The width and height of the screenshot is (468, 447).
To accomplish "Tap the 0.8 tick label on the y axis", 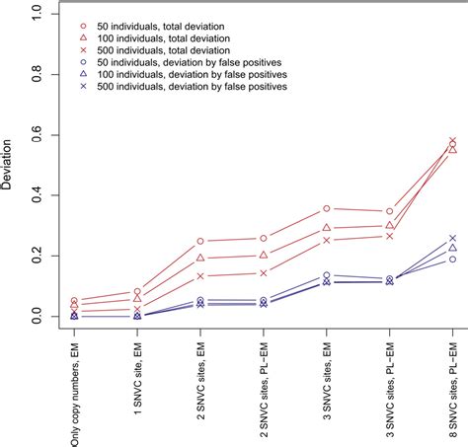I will coord(37,75).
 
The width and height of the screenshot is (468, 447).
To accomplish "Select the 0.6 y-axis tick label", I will coord(37,135).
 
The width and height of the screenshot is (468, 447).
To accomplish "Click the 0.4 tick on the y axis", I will coord(37,195).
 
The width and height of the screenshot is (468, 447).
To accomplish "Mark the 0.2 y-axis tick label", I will coord(37,256).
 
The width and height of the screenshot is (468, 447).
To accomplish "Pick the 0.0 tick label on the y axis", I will coord(37,316).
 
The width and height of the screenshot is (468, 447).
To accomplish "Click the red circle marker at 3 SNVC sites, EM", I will coord(327,209).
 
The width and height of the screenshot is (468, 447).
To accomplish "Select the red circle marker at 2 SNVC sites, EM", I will coord(200,241).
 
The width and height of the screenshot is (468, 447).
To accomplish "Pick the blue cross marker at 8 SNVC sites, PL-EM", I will coord(453,239).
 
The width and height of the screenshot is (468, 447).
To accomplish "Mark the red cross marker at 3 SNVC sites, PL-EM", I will coord(390,236).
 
